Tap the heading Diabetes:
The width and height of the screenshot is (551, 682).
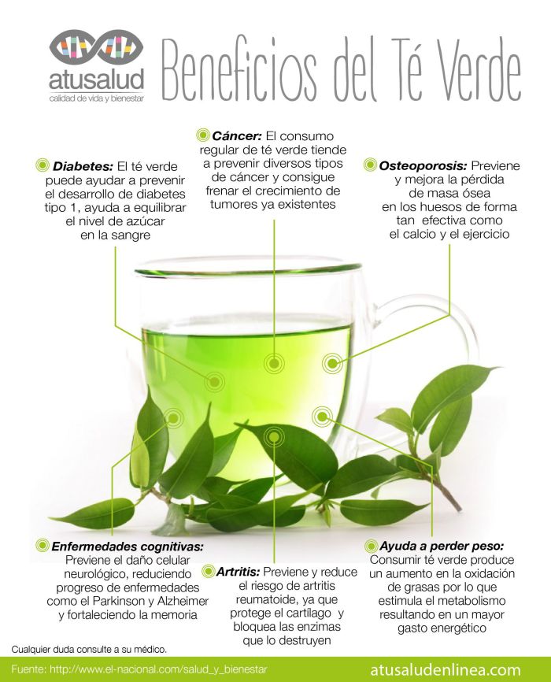pos(83,166)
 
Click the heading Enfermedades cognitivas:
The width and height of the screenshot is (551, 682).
pos(128,546)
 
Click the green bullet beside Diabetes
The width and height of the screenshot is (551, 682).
pos(43,166)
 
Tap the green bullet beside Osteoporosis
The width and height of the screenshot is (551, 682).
pos(371,166)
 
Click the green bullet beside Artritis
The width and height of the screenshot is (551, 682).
pos(208,570)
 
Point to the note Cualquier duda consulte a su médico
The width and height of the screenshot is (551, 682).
pos(89,650)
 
